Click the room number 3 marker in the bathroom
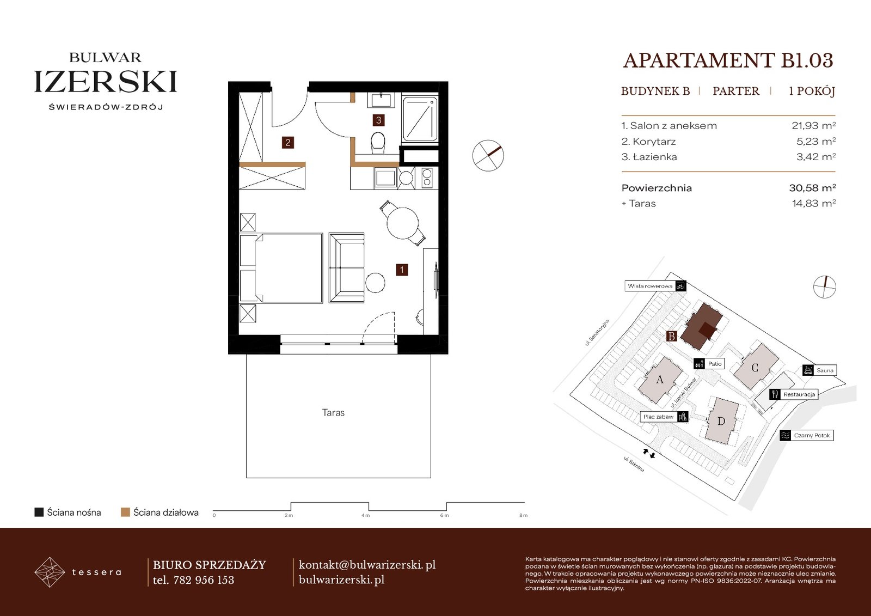click(x=378, y=120)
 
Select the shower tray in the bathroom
click(x=420, y=119)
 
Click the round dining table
click(x=402, y=223)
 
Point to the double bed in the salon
click(x=281, y=268)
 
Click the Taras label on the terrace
click(x=333, y=412)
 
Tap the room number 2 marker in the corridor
click(x=288, y=142)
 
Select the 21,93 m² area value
click(x=814, y=125)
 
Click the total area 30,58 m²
click(x=812, y=188)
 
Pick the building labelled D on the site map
click(x=721, y=420)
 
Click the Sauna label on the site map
click(x=824, y=370)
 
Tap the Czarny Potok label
click(x=812, y=435)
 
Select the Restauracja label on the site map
click(x=799, y=394)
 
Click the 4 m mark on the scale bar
click(x=365, y=515)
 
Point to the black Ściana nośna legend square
click(x=39, y=512)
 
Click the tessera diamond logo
click(x=50, y=572)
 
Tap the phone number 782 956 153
click(x=204, y=580)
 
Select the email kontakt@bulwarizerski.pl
click(x=367, y=565)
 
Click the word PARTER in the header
click(x=735, y=91)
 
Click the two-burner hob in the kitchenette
click(x=427, y=178)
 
